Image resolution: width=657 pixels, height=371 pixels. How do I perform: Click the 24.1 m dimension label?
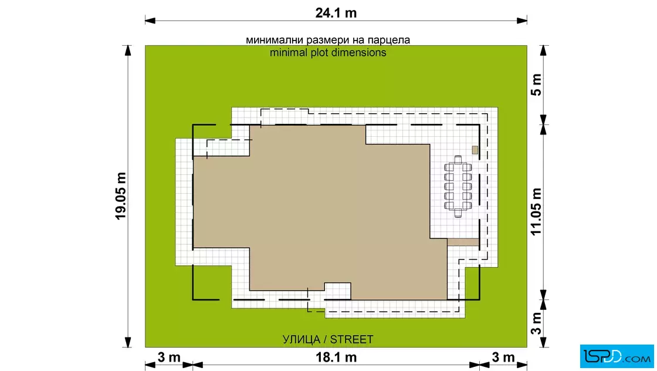pos(336,13)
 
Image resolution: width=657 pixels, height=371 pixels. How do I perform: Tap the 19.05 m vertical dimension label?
pos(121,195)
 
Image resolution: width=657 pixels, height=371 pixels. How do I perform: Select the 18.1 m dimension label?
pos(336,357)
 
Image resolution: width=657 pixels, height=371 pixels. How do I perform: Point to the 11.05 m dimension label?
pos(536,212)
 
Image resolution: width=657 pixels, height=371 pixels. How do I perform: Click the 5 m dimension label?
pos(536,85)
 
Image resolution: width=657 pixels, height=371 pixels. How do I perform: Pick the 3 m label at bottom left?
pos(169,357)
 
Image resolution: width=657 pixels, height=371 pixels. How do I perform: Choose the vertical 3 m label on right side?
pos(536,323)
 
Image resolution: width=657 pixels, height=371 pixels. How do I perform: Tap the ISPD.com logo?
pos(617,356)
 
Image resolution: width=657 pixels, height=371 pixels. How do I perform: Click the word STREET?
pos(351,339)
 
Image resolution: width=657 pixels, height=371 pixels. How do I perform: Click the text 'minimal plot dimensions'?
pos(328,52)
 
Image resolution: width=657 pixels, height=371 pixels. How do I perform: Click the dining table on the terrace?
pos(458,186)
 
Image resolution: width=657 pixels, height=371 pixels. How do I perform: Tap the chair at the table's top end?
pos(458,159)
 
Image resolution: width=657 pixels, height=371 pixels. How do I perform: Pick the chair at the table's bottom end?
pos(458,213)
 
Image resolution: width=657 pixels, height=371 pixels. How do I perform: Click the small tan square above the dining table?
pos(475,150)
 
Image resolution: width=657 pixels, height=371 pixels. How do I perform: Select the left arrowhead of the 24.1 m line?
pos(150,20)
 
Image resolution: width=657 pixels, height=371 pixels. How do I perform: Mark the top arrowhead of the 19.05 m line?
pos(128,50)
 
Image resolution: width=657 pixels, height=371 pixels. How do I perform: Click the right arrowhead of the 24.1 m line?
pos(522,20)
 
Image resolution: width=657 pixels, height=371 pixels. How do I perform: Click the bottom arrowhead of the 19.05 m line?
pos(128,342)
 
